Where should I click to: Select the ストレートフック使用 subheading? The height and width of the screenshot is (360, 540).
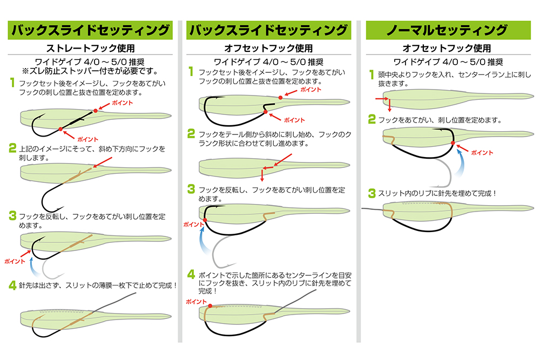90,47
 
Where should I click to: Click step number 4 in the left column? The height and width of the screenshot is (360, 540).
12,284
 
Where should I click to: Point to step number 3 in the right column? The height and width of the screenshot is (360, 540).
372,193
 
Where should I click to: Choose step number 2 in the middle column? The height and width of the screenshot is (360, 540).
191,133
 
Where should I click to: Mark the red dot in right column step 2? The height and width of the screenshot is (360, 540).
453,144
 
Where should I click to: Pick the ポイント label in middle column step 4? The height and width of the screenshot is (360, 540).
195,302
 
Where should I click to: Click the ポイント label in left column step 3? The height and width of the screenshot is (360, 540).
15,261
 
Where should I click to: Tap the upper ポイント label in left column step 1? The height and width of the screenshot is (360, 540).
123,102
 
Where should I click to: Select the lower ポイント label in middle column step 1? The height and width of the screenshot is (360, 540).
294,119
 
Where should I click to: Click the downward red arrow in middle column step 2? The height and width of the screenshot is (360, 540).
262,174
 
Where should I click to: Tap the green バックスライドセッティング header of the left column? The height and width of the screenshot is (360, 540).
90,30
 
